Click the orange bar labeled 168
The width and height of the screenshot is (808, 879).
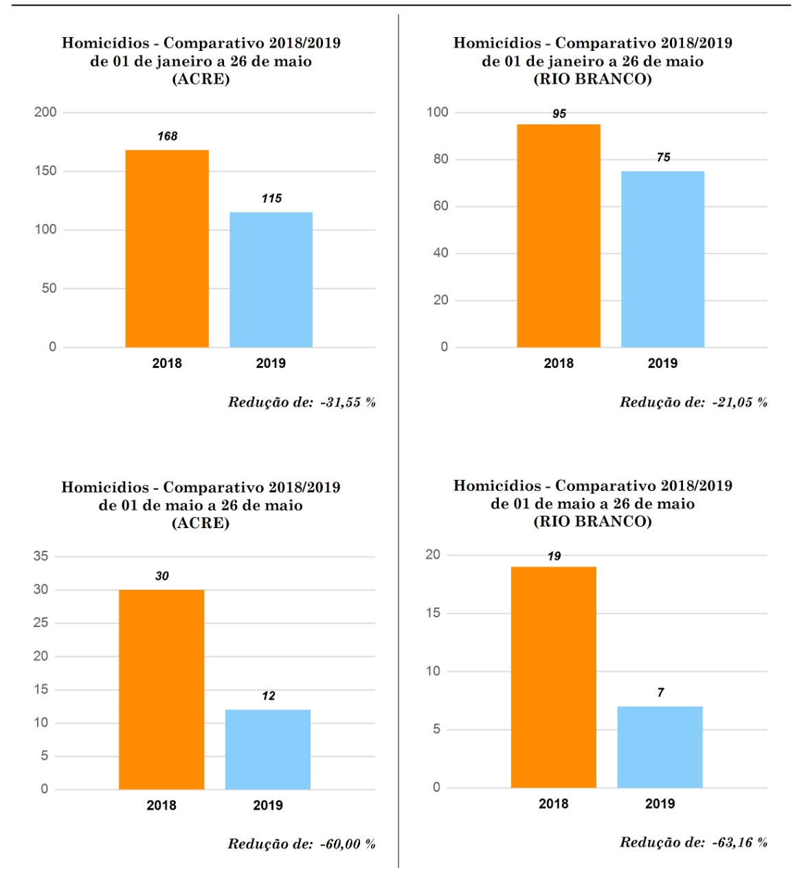167,249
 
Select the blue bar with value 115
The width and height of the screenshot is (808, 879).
271,279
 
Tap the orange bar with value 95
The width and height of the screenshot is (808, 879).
559,236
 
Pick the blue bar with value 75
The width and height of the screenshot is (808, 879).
662,259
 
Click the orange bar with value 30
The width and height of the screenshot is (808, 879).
161,689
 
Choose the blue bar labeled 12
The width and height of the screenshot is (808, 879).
268,749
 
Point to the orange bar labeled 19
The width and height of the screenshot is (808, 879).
554,677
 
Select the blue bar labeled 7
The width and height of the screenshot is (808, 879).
660,747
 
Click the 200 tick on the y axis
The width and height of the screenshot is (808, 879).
45,112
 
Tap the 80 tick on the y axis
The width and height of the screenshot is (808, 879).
440,159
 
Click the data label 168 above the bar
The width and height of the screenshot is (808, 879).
167,136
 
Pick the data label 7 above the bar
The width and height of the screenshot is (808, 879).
660,692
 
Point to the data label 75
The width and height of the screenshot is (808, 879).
663,157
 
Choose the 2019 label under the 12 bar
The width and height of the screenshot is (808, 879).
268,806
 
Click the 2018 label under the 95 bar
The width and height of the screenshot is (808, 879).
559,363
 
